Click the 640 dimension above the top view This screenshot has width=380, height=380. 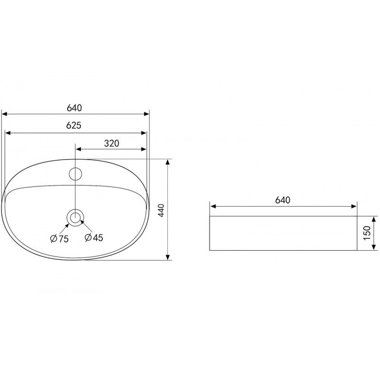pyautogui.click(x=75, y=108)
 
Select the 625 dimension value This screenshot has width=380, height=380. pyautogui.click(x=74, y=125)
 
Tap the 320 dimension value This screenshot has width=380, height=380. pyautogui.click(x=112, y=143)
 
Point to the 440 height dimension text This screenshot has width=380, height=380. pyautogui.click(x=161, y=210)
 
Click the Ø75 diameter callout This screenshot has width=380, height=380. pyautogui.click(x=59, y=239)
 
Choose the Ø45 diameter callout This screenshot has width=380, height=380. pyautogui.click(x=94, y=237)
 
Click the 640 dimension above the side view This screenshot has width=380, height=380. pyautogui.click(x=283, y=200)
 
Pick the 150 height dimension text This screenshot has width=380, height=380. pyautogui.click(x=367, y=233)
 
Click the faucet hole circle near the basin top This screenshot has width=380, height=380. pyautogui.click(x=76, y=174)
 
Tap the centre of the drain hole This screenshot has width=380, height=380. pyautogui.click(x=76, y=217)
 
